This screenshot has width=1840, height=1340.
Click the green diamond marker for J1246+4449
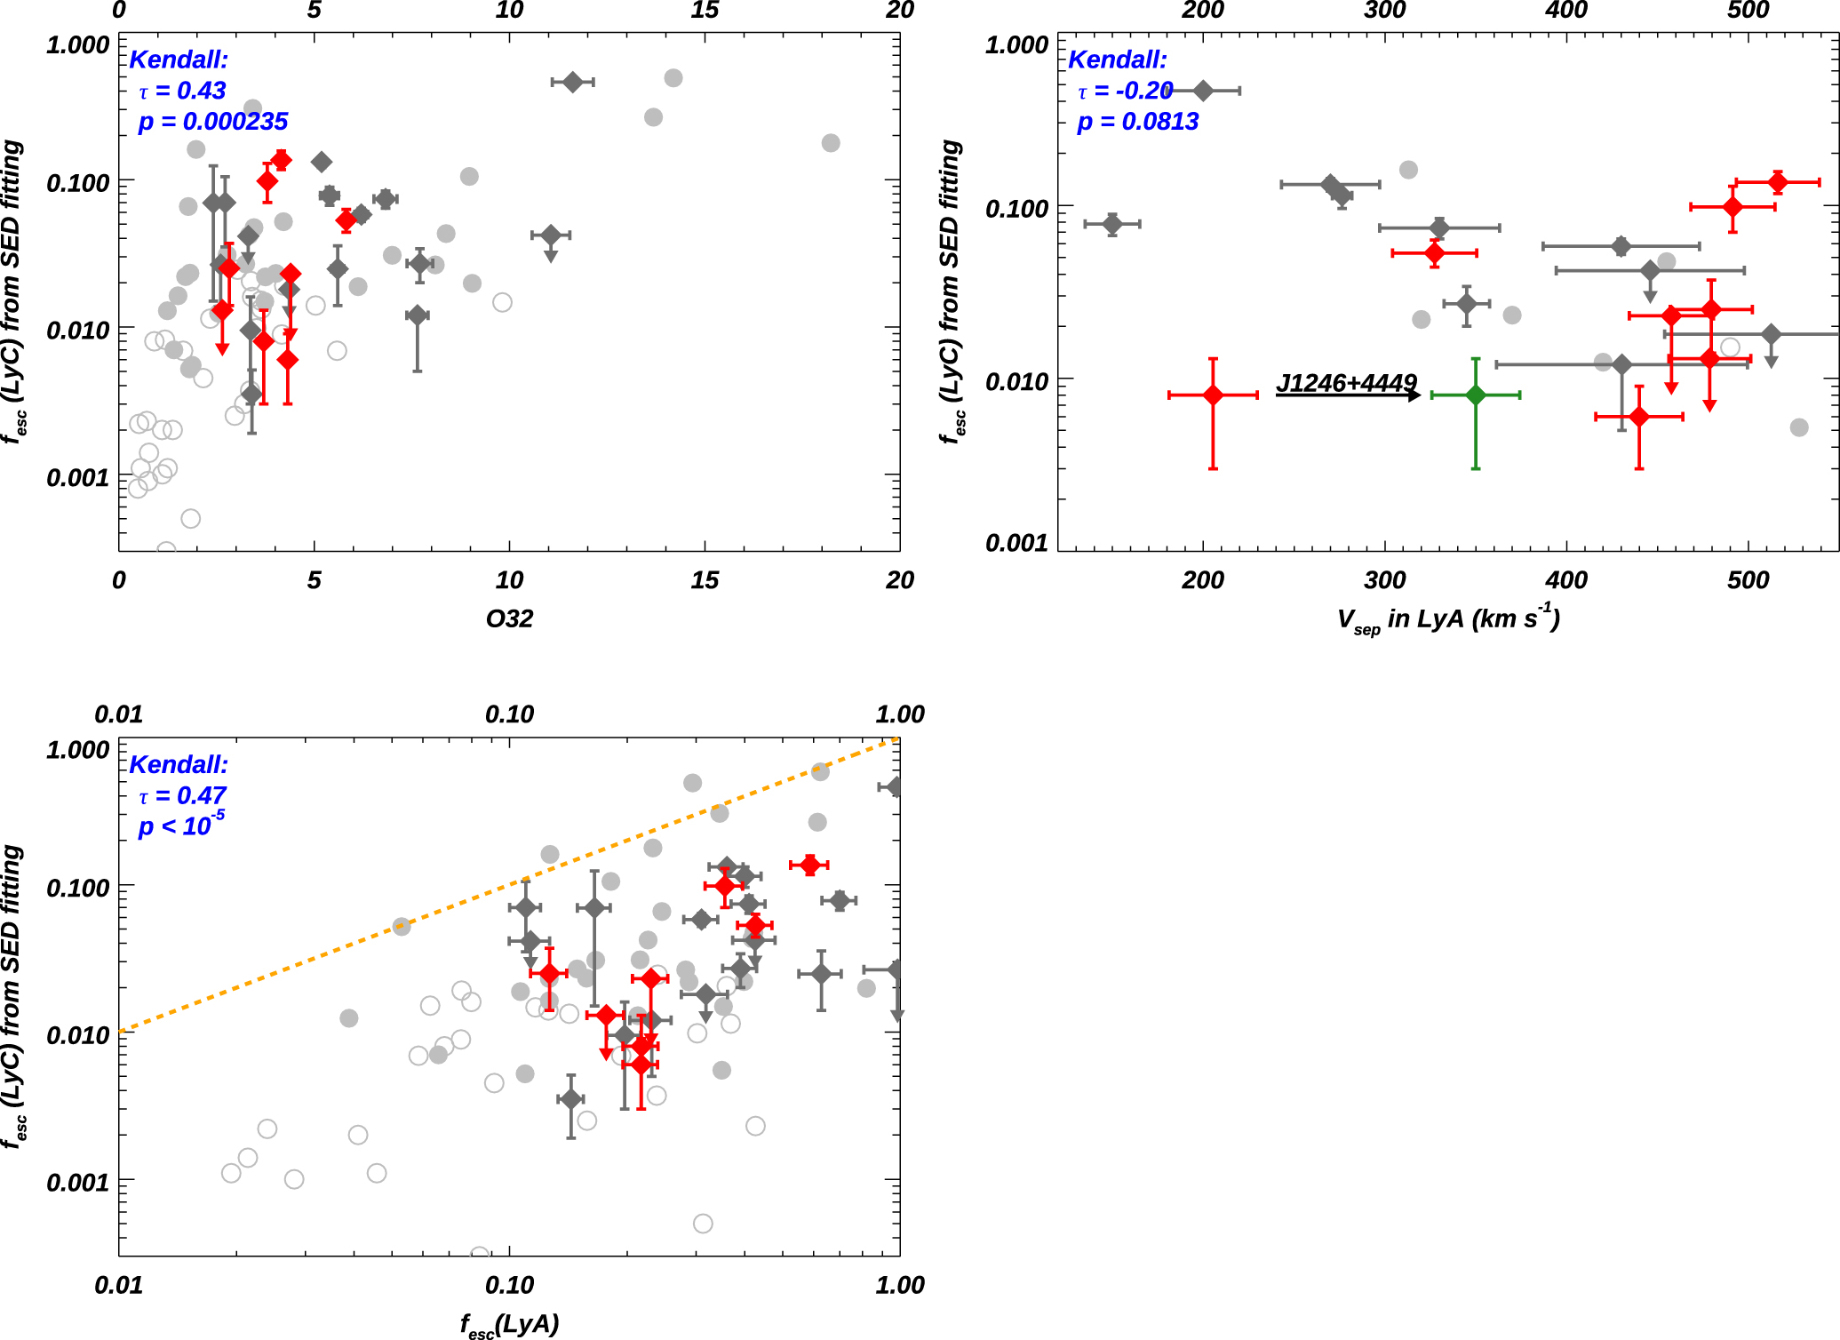(x=1475, y=395)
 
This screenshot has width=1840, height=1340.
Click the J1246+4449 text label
(x=1346, y=382)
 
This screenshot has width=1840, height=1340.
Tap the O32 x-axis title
(x=509, y=618)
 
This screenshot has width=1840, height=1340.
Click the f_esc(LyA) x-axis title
(x=509, y=1324)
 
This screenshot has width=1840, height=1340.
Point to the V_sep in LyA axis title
(x=1448, y=618)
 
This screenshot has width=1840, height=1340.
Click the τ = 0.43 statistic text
(x=182, y=91)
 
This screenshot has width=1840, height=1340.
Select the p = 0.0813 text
(x=1137, y=122)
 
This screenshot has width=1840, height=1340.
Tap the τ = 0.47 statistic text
(x=182, y=795)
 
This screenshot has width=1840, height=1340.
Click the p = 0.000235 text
(x=213, y=122)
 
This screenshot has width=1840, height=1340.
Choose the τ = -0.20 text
(x=1125, y=91)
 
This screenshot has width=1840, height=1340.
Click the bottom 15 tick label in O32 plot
(x=704, y=580)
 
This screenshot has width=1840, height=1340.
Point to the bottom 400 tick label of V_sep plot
(x=1566, y=580)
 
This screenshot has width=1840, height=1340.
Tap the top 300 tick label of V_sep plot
(x=1384, y=11)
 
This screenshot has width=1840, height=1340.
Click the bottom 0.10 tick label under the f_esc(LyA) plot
(x=509, y=1285)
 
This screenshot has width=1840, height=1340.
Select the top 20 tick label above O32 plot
(x=899, y=11)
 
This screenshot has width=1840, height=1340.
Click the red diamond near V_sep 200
(x=1213, y=395)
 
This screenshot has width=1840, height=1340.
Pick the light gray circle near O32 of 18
(x=831, y=143)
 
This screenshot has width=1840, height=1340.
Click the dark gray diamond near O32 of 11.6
(x=572, y=82)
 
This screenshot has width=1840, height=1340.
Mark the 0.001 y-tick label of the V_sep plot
(x=1016, y=543)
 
